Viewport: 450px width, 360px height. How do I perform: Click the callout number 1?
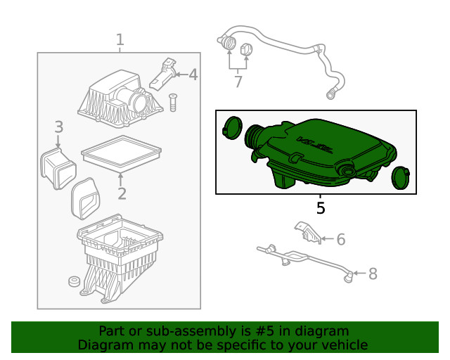(120, 39)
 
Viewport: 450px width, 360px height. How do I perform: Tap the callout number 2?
(121, 194)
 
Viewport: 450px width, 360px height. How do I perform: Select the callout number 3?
(59, 127)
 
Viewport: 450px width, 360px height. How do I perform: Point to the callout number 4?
(192, 75)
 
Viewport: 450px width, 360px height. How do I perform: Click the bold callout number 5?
(321, 208)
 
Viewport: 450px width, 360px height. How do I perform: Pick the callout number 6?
(341, 240)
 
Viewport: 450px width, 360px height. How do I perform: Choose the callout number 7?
(238, 82)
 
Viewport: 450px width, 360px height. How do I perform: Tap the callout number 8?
(373, 274)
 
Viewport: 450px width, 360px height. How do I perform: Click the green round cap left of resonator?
(231, 129)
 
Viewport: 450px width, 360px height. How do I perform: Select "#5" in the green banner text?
(245, 330)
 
